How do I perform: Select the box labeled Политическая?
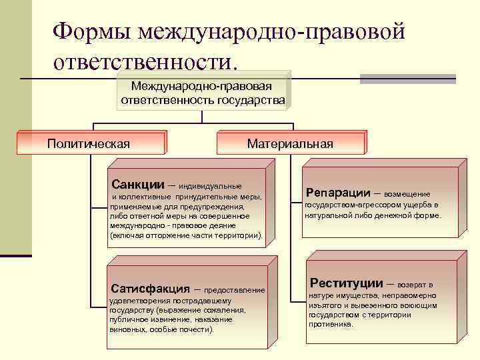[x=89, y=143]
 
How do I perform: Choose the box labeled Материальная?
[x=290, y=143]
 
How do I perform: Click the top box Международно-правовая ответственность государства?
[x=203, y=93]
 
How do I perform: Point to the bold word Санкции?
[x=137, y=184]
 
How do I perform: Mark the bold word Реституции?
[x=346, y=283]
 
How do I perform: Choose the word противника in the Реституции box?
[x=331, y=324]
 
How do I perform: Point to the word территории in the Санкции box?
[x=237, y=235]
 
